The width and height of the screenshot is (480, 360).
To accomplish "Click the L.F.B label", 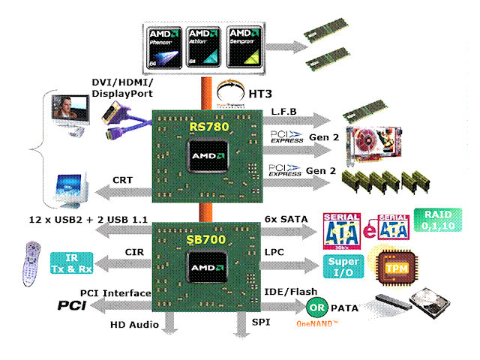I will [284, 112].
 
